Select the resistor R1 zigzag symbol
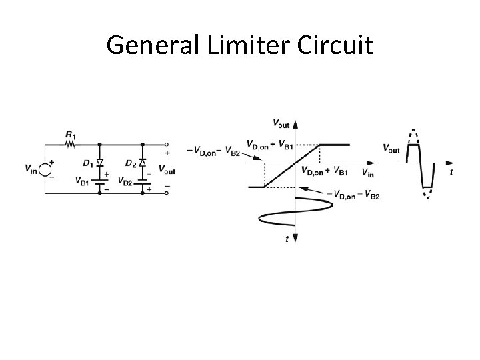tap(70, 143)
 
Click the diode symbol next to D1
tap(99, 162)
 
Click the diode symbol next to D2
tap(142, 162)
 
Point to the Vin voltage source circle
tap(45, 169)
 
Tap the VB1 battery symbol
tap(99, 180)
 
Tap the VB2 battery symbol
tap(142, 180)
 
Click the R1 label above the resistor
tap(71, 135)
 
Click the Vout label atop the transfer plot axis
tap(282, 123)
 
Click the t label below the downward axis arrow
tap(287, 239)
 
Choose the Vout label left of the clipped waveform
tap(391, 148)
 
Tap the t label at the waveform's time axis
tap(451, 171)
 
